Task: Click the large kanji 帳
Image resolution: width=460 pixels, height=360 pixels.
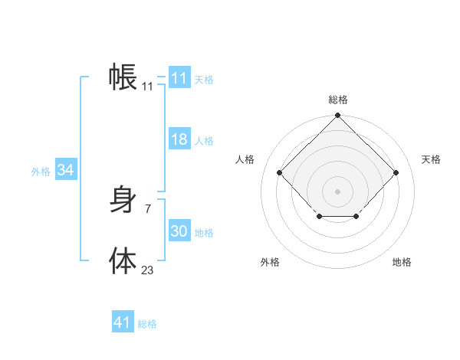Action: [123, 77]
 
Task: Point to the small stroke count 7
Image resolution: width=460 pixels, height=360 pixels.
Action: [147, 208]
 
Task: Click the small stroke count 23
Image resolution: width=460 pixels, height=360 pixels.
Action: [147, 270]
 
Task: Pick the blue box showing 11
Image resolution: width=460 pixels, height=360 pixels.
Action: [179, 78]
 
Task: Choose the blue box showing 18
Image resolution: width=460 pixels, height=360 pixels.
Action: [179, 139]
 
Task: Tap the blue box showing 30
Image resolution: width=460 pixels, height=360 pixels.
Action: [179, 231]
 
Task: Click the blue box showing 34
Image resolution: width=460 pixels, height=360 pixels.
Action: [65, 170]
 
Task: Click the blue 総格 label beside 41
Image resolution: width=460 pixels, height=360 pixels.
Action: [147, 324]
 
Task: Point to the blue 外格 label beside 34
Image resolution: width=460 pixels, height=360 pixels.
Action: [41, 172]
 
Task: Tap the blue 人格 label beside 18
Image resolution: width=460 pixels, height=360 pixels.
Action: [204, 141]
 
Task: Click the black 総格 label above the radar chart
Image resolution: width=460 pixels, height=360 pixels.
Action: [338, 100]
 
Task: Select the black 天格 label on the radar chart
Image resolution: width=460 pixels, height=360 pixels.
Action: [432, 159]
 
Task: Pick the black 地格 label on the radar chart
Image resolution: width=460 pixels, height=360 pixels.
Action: [402, 262]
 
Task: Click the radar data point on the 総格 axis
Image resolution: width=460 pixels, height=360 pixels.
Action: [338, 116]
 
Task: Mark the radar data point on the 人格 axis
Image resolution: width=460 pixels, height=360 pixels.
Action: [280, 172]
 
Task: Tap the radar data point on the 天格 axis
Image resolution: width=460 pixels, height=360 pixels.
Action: [396, 172]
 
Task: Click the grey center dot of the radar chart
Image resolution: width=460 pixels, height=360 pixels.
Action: [338, 191]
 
